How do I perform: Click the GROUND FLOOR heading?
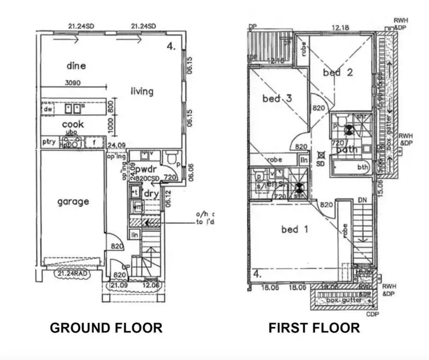(106, 328)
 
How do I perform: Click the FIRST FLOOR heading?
(315, 328)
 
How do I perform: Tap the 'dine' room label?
(76, 66)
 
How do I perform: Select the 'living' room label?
(142, 91)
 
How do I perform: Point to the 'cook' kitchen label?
(73, 124)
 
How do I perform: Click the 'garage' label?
(73, 201)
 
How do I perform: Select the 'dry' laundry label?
(151, 194)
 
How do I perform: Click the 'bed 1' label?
(295, 230)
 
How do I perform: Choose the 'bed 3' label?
(277, 98)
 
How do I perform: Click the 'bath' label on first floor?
(347, 149)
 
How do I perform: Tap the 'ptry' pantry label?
(49, 142)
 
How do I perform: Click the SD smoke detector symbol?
(320, 156)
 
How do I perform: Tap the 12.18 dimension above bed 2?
(340, 27)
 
